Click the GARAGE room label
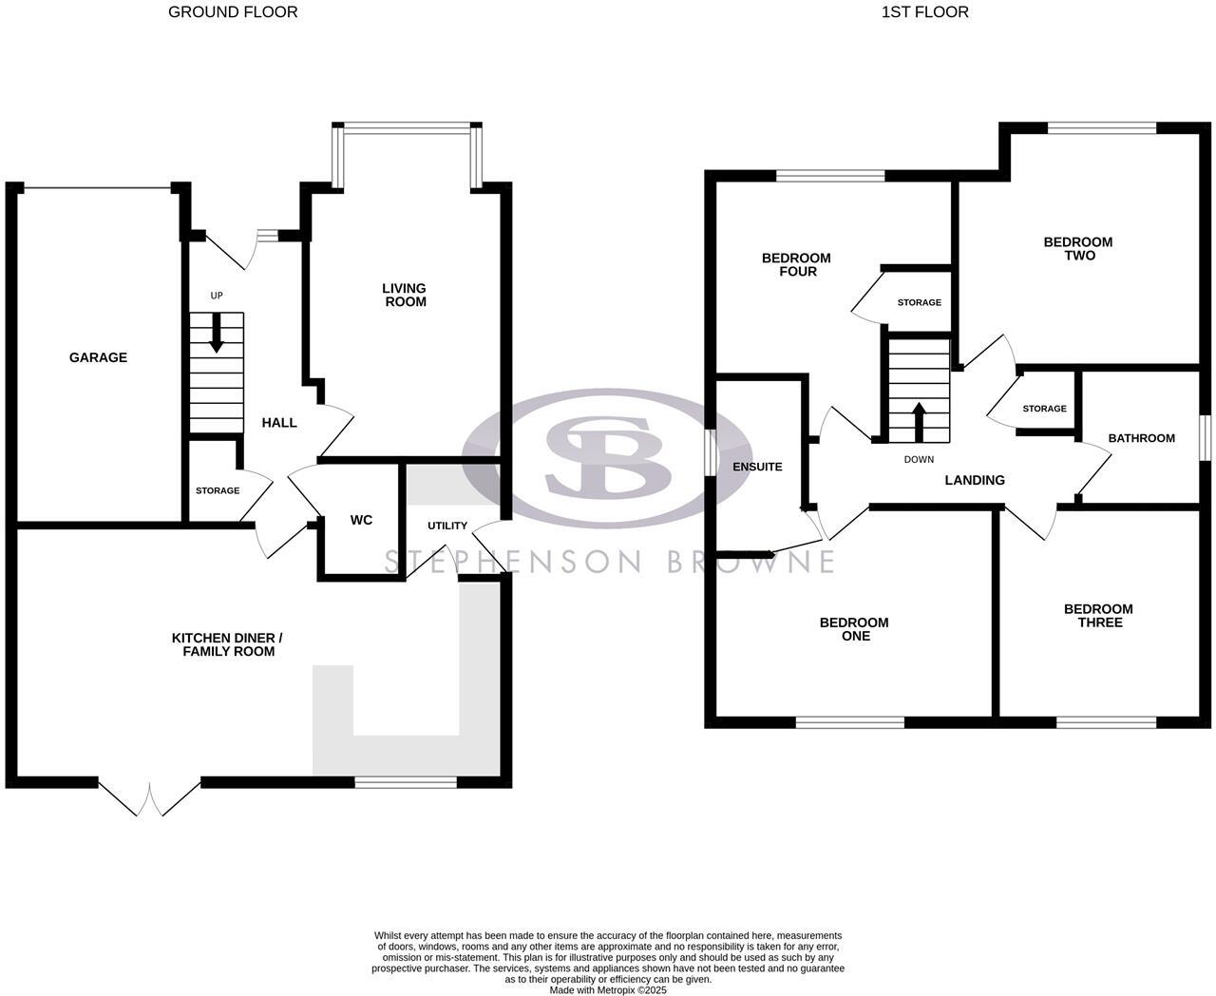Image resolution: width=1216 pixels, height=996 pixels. [98, 357]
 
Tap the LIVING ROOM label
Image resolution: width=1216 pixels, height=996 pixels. [404, 295]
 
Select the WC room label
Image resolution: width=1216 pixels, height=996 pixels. [361, 520]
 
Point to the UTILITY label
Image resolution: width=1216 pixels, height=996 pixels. [446, 526]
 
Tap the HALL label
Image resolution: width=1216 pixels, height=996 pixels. [279, 422]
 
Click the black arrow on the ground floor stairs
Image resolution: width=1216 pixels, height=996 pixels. [217, 334]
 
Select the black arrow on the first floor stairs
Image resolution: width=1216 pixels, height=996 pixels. [919, 422]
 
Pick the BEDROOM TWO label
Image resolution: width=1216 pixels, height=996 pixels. [1077, 248]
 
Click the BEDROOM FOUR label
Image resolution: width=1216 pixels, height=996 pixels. [796, 264]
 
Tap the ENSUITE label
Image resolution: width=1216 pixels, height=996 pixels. [757, 467]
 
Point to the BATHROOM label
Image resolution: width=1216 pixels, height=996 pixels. [1141, 438]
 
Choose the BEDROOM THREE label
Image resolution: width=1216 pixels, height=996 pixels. [1097, 616]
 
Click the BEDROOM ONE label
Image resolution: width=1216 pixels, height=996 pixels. [854, 629]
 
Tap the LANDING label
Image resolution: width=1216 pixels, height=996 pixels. [974, 480]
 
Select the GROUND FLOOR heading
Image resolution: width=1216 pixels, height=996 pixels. [233, 12]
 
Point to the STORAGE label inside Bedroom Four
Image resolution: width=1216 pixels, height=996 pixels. [919, 302]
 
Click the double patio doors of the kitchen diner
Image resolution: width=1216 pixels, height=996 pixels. [149, 798]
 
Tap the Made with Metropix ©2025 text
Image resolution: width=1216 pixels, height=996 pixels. [608, 989]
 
